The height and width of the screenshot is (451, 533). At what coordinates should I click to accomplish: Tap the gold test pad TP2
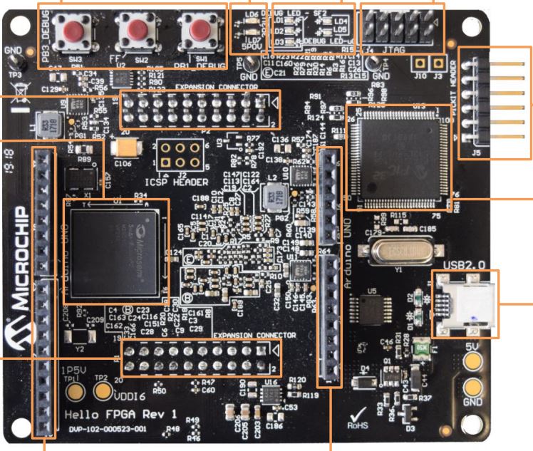[x=103, y=390]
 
